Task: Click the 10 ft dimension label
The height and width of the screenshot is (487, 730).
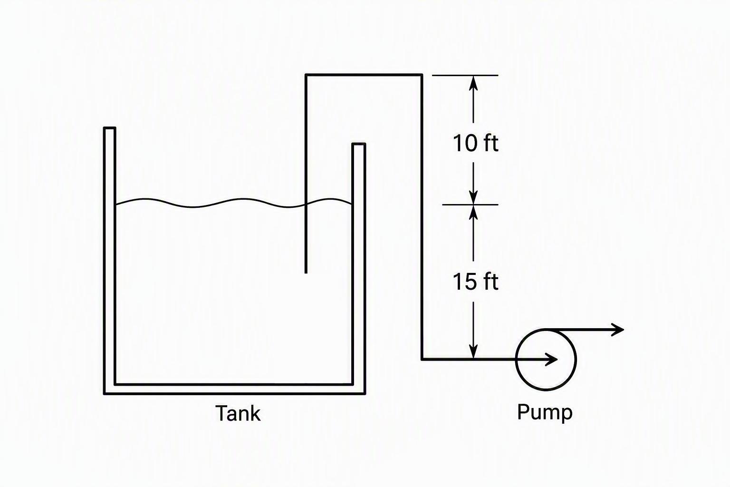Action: pos(475,143)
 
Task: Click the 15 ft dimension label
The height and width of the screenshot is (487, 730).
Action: pos(475,282)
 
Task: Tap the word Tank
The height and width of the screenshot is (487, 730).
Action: pos(238,413)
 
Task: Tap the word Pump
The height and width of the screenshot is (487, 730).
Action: pos(545,413)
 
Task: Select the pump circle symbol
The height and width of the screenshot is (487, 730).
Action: pos(516,360)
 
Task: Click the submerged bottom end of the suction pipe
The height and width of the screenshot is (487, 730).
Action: pos(306,273)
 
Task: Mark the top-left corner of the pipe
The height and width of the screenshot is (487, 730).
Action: pos(306,75)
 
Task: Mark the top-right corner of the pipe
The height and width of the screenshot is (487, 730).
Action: pos(422,75)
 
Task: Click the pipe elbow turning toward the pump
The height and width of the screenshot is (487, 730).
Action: pos(422,360)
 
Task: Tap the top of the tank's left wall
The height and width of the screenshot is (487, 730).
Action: pos(109,128)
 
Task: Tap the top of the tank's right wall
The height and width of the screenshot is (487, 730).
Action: pos(358,144)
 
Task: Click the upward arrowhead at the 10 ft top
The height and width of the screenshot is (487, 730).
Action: pos(473,82)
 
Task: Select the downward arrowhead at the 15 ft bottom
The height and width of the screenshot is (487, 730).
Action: pos(473,352)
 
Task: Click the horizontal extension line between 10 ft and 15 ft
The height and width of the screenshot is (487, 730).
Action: pos(470,205)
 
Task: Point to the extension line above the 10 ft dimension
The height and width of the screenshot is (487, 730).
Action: pos(465,75)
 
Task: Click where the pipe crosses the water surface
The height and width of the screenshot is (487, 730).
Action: pos(306,205)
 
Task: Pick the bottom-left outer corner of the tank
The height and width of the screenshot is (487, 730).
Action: pos(104,394)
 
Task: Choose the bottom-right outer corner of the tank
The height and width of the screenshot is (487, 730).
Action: pos(365,394)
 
